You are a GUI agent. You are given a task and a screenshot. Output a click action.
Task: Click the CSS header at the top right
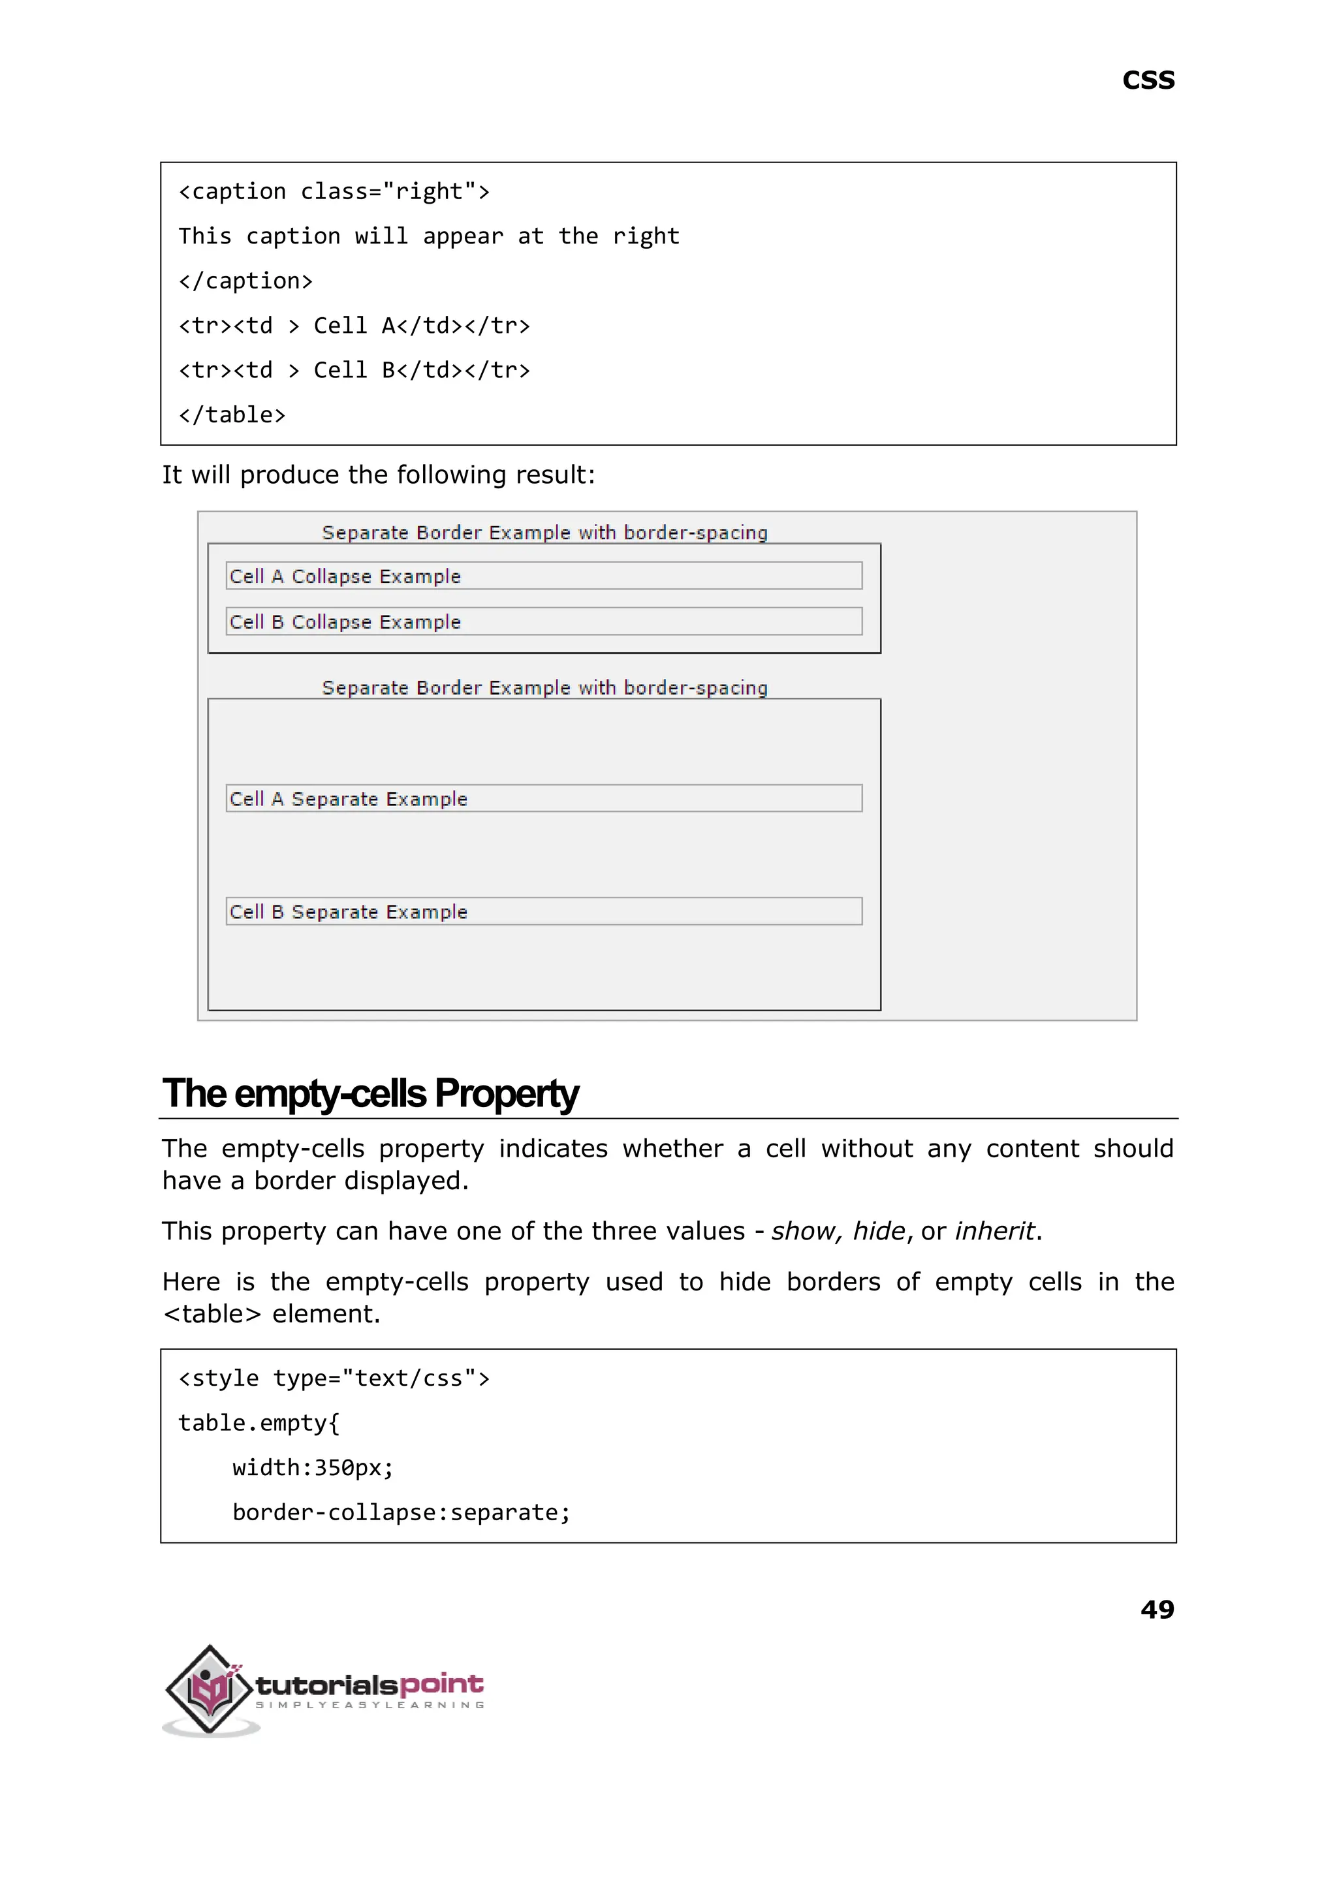tap(1148, 81)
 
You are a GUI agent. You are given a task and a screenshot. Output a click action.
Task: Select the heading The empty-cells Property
tap(370, 1093)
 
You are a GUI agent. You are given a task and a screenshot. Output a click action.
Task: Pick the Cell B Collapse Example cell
tap(543, 621)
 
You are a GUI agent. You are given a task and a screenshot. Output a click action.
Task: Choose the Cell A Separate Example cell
tap(543, 798)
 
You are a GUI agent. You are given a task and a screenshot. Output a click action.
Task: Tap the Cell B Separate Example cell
tap(543, 911)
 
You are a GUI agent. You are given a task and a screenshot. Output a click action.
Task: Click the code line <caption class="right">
tap(334, 192)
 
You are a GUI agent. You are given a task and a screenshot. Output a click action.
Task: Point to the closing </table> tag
tap(232, 415)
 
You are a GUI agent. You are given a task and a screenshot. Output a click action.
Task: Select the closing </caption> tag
tap(245, 281)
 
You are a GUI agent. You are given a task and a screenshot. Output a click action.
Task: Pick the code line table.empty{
tap(259, 1422)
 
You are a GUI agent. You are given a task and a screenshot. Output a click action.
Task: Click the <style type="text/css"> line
tap(334, 1378)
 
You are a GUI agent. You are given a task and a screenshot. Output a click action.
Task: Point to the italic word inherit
tap(994, 1230)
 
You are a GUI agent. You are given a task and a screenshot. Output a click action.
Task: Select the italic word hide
tap(879, 1230)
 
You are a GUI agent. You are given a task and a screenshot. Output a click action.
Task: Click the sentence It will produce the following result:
tap(378, 475)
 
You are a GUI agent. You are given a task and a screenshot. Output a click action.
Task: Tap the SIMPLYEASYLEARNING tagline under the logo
tap(370, 1705)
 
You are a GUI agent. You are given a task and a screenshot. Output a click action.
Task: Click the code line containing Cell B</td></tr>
tap(354, 370)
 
